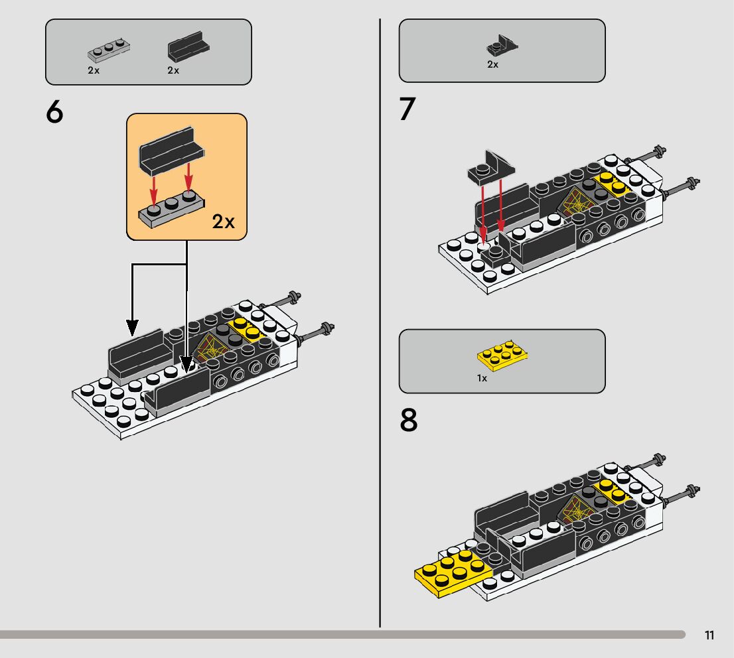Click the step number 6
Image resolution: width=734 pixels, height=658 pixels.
[55, 113]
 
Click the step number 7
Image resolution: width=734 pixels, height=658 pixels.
[407, 109]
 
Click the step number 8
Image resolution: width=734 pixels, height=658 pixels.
[409, 421]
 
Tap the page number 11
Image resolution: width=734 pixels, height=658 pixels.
[709, 635]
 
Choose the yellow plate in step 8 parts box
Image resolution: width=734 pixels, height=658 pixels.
[503, 356]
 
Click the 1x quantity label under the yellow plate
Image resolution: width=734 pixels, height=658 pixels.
[482, 378]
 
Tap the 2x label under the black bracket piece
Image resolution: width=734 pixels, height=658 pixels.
[492, 64]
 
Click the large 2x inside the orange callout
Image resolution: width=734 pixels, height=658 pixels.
[224, 222]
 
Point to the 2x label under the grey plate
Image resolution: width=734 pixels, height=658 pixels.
[94, 70]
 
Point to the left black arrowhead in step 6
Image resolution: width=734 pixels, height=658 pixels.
[132, 326]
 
